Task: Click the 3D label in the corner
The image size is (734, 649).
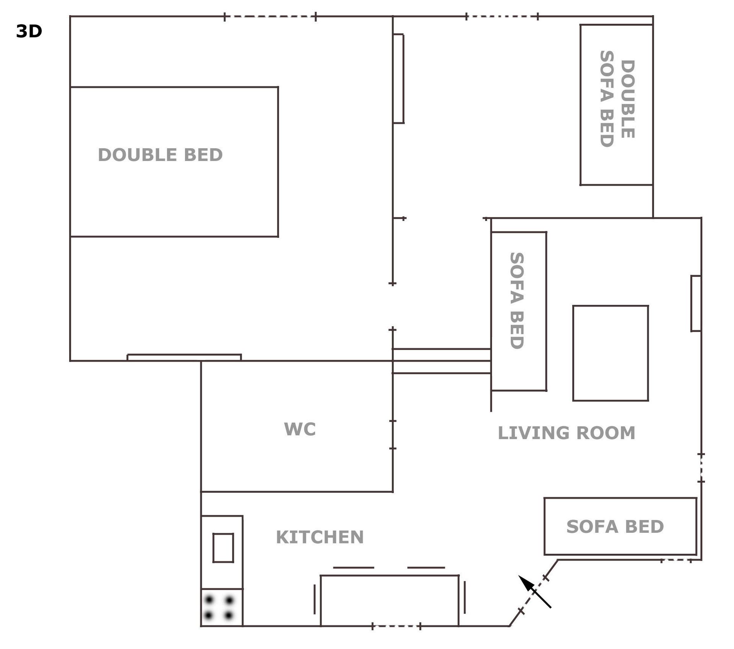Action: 29,31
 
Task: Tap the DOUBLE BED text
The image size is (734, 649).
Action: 160,155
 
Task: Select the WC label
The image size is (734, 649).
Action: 300,429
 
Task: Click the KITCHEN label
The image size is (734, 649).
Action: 320,537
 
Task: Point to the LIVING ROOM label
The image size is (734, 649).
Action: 566,433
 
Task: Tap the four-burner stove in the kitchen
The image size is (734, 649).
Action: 222,607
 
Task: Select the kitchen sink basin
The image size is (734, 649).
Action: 223,548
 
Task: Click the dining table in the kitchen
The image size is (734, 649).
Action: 390,600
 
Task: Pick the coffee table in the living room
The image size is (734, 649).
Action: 611,353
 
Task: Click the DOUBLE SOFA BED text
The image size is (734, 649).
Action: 617,99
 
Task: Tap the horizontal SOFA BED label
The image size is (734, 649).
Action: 615,526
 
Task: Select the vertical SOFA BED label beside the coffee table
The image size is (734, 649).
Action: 516,300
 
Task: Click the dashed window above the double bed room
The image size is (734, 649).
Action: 270,16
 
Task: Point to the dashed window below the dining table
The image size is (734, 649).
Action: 396,626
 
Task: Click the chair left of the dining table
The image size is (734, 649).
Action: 315,599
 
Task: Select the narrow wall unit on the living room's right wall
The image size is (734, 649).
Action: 696,303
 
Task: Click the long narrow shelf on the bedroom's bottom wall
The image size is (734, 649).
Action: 184,357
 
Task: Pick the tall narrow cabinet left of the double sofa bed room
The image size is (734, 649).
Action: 398,79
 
